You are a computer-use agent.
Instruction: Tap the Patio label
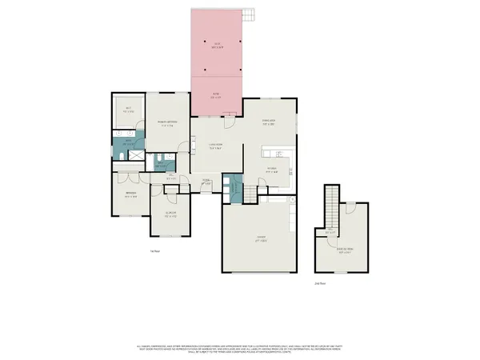[x=216, y=94]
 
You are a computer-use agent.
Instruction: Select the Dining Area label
[x=270, y=123]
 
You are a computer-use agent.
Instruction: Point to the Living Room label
[x=215, y=145]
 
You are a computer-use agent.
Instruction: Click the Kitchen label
[x=272, y=170]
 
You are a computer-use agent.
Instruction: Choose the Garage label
[x=260, y=239]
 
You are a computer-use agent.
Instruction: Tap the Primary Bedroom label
[x=166, y=124]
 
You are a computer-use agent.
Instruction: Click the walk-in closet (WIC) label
[x=127, y=110]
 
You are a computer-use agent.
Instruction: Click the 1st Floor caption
[x=155, y=251]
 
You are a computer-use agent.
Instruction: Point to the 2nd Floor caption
[x=319, y=282]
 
